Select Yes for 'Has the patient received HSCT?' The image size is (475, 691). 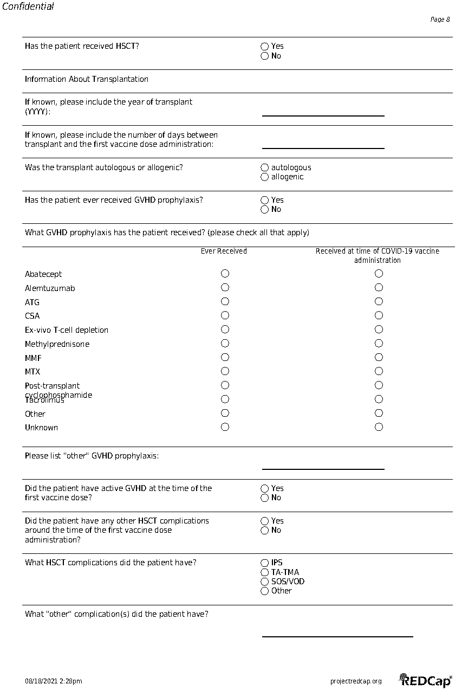(265, 47)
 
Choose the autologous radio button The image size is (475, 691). (265, 168)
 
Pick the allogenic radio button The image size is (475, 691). (265, 177)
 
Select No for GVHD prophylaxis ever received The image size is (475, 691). (265, 210)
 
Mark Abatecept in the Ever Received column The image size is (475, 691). (225, 274)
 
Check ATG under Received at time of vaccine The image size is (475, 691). (379, 302)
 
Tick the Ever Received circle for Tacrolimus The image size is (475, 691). (225, 399)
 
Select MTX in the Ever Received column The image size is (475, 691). (225, 371)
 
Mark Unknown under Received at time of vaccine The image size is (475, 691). (379, 427)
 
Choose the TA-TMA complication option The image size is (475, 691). (265, 572)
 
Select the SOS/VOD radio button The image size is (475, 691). (265, 582)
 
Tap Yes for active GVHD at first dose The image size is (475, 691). (265, 489)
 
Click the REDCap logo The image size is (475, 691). (426, 680)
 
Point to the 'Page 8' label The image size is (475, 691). (440, 20)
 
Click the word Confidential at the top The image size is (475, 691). (28, 7)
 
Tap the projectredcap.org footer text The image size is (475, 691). (356, 681)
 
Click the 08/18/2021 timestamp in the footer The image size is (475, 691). (54, 681)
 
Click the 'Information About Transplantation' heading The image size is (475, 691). (87, 79)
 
